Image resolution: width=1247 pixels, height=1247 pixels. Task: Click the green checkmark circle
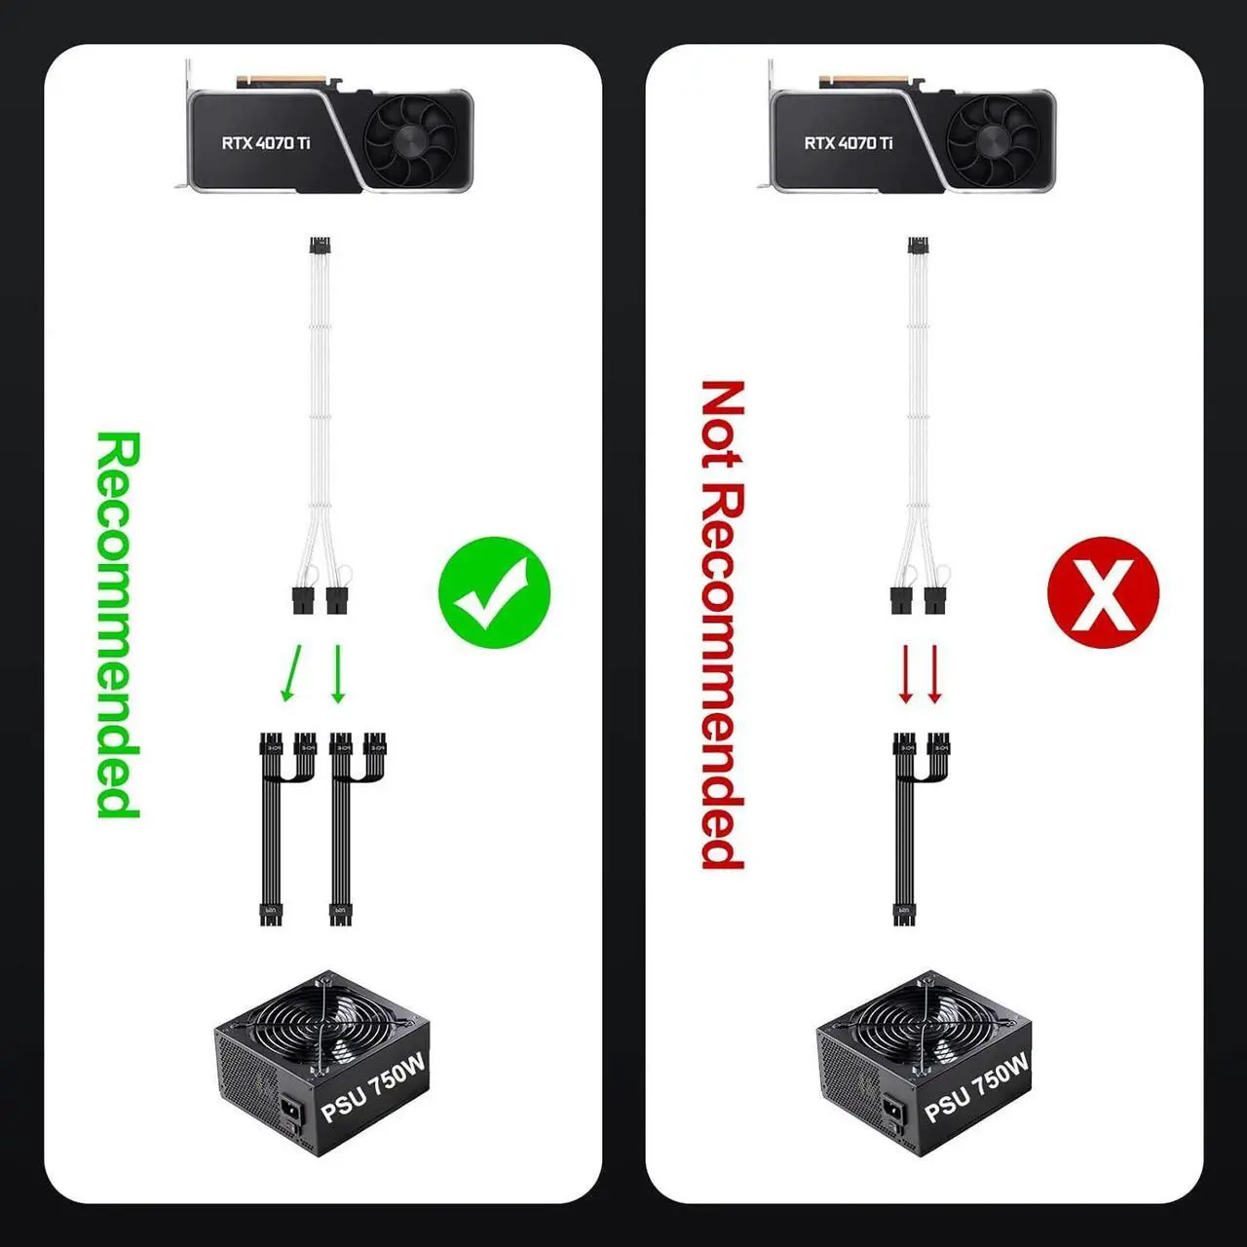(494, 592)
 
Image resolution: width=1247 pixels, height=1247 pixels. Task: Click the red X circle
(1103, 592)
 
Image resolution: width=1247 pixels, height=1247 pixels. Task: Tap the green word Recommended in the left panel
(119, 623)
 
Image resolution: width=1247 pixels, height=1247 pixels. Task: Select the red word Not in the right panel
(723, 425)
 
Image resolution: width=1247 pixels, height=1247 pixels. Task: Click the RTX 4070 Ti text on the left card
(265, 143)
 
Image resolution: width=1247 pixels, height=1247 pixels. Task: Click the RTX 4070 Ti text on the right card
(848, 143)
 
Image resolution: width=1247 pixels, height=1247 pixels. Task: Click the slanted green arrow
(290, 673)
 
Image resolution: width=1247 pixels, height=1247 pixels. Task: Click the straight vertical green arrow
(338, 673)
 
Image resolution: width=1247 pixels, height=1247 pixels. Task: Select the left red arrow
(905, 673)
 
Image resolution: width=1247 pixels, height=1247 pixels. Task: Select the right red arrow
(934, 673)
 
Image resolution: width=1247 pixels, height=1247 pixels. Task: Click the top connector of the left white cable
(318, 246)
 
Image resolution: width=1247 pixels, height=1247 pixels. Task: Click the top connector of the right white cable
(918, 246)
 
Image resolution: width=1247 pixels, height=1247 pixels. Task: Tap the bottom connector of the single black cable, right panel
(904, 915)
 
